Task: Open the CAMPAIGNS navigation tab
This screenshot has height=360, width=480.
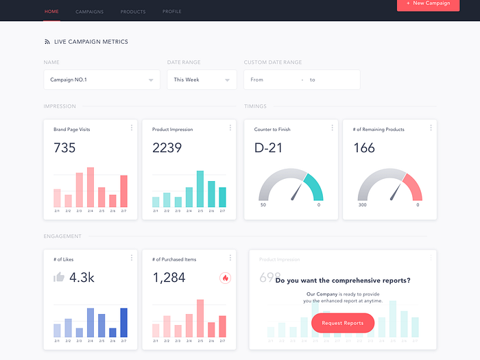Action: tap(89, 12)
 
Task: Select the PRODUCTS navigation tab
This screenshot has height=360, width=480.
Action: tap(133, 12)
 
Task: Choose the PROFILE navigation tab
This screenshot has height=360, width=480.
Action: tap(172, 12)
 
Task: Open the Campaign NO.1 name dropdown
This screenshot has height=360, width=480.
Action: tap(101, 80)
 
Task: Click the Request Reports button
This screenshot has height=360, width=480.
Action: tap(342, 323)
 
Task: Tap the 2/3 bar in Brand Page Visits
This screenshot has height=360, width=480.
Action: tap(80, 190)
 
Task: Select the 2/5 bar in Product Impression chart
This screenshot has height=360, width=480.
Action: tap(200, 189)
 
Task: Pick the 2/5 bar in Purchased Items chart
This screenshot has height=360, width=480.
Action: tap(200, 318)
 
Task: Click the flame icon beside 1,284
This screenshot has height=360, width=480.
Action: tap(225, 278)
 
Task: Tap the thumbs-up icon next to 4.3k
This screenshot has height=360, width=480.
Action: tap(59, 277)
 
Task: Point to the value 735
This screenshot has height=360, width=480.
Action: tap(64, 147)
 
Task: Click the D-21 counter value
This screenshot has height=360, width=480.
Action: tap(268, 147)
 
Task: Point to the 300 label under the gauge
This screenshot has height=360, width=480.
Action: tap(362, 205)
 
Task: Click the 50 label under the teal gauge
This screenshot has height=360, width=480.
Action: tap(263, 205)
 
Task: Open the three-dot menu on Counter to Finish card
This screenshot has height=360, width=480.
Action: tap(333, 128)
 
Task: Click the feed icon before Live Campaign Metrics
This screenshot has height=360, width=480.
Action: tap(47, 42)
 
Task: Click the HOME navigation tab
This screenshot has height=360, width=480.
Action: tap(51, 12)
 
